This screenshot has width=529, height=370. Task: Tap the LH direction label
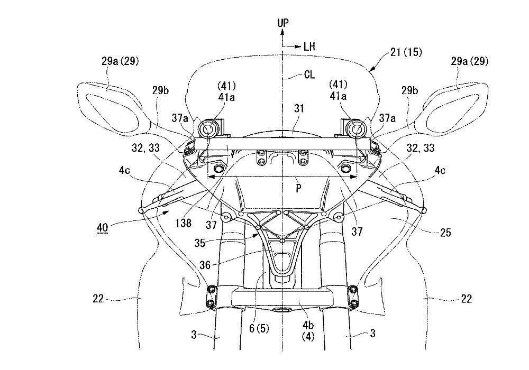point(309,46)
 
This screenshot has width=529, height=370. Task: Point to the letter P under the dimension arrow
point(298,189)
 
